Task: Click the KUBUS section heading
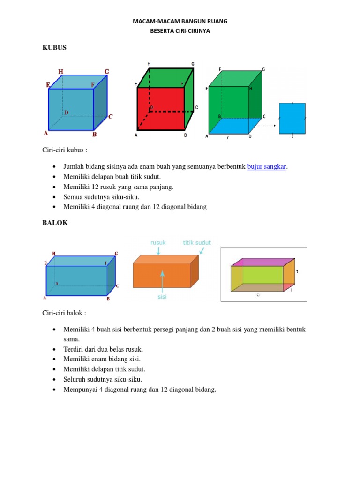point(54,48)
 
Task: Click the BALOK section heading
point(55,223)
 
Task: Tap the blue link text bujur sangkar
point(266,166)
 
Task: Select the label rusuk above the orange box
point(158,243)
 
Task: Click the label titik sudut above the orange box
point(197,243)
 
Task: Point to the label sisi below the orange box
point(162,297)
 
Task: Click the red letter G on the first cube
point(107,71)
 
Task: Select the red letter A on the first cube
point(46,133)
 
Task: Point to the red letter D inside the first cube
point(67,112)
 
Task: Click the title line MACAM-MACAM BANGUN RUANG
point(180,22)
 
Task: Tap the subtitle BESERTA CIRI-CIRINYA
point(180,30)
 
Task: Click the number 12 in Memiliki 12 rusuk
point(93,187)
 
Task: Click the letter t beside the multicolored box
point(297,271)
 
